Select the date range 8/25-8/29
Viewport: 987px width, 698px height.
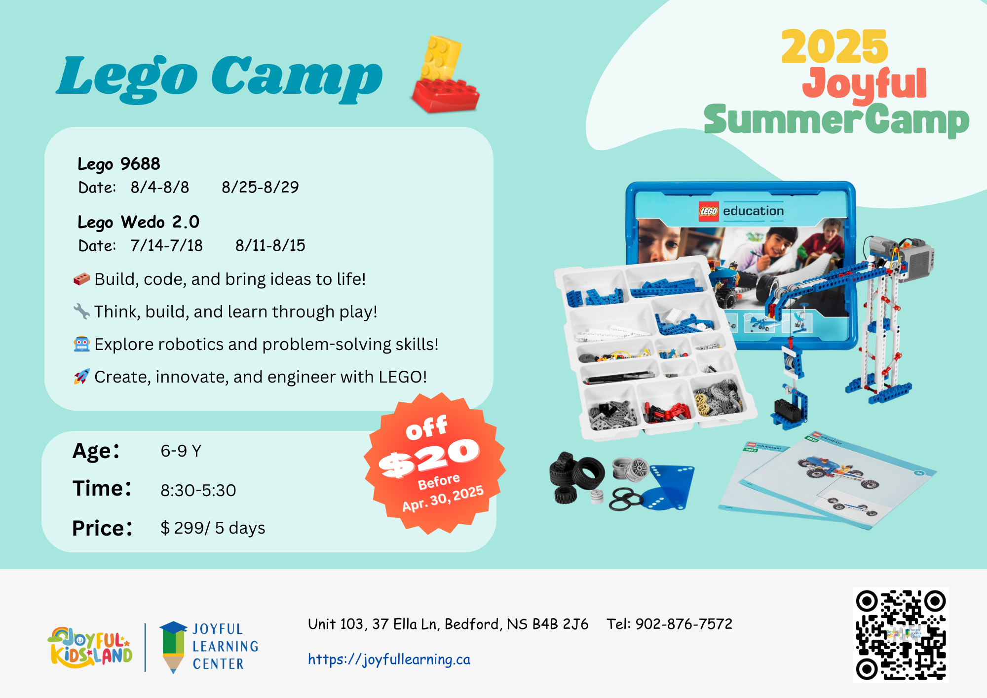(260, 187)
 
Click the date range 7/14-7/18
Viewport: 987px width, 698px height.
(166, 245)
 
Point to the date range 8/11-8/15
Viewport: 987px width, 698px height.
(270, 245)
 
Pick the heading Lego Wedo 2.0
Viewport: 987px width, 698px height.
(139, 222)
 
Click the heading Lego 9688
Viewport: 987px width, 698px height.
(119, 164)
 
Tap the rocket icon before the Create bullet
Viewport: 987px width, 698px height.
(82, 377)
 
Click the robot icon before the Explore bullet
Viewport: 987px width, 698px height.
(82, 344)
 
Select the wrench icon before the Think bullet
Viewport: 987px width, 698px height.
(82, 311)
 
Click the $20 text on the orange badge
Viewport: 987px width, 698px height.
(429, 458)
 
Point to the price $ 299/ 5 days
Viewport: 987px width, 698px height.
(213, 528)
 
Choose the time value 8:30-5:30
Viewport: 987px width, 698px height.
(198, 490)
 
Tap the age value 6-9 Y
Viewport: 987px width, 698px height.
(181, 451)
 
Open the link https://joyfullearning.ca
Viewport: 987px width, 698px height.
(389, 659)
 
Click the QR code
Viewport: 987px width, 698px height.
(901, 635)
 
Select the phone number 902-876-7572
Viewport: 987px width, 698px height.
(684, 624)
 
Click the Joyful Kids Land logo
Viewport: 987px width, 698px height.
(90, 647)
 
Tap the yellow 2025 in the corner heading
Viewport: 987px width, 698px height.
(835, 46)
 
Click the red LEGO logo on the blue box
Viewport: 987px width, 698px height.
(709, 211)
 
